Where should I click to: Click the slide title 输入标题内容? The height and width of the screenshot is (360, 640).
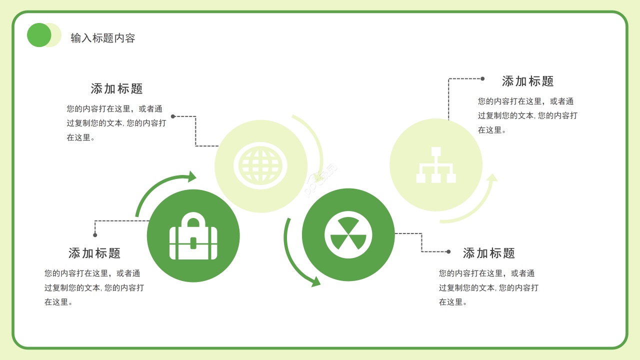[x=103, y=38]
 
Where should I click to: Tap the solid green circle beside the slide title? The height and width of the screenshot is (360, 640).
[x=39, y=35]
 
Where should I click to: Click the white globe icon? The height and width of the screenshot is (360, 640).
[x=260, y=165]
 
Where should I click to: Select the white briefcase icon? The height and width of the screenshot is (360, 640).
[x=193, y=236]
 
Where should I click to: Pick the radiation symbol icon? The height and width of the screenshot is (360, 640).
[x=348, y=235]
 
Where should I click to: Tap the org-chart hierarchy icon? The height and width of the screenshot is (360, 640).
[x=436, y=165]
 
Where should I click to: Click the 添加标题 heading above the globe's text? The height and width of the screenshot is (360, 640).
[x=117, y=88]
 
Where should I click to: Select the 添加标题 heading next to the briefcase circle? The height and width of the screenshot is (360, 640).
[x=94, y=253]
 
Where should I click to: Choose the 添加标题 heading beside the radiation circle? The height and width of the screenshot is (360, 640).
[x=489, y=253]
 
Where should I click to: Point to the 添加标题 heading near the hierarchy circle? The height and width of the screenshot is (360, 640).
[x=528, y=81]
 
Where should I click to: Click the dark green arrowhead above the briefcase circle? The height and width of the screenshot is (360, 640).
[x=192, y=176]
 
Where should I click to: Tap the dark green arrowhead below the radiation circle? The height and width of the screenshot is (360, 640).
[x=315, y=281]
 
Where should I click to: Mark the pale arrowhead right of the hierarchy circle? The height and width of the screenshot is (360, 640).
[x=492, y=177]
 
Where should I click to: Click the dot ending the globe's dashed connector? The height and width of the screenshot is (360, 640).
[x=173, y=116]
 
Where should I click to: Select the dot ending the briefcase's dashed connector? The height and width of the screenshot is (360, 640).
[x=95, y=235]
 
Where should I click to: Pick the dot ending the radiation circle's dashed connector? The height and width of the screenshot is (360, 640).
[x=448, y=251]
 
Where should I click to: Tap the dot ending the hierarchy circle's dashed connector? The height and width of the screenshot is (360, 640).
[x=482, y=78]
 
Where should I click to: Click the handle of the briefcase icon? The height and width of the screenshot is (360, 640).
[x=193, y=219]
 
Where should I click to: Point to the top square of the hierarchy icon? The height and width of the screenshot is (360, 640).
[x=436, y=151]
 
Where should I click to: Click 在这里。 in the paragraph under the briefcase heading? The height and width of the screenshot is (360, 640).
[x=58, y=302]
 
